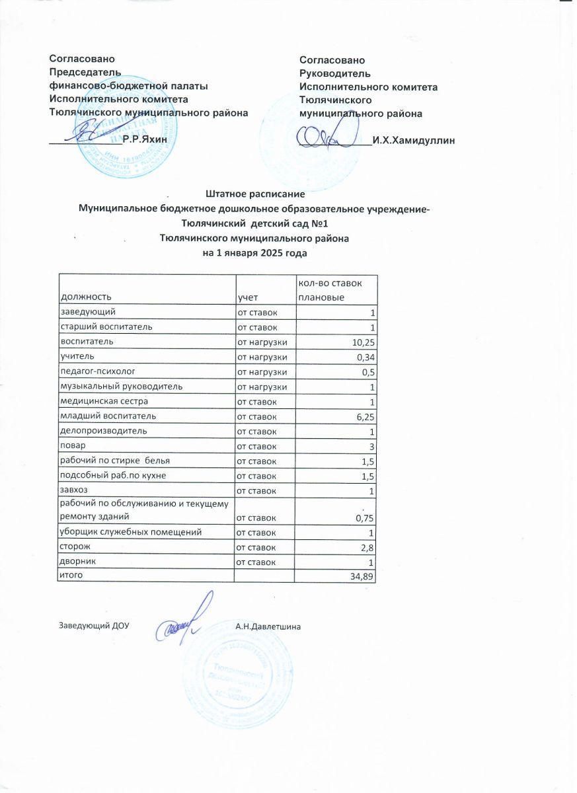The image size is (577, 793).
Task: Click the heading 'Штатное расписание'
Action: (x=254, y=195)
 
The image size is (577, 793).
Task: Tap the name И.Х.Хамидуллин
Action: (x=414, y=140)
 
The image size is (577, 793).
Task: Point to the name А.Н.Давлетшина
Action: (x=268, y=626)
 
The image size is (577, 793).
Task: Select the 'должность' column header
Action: (x=86, y=297)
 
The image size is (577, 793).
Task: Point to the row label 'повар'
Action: (x=72, y=446)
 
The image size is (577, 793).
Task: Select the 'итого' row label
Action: (x=72, y=576)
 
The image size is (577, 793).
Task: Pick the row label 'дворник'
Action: (x=77, y=562)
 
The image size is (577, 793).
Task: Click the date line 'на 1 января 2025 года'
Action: (x=254, y=253)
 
